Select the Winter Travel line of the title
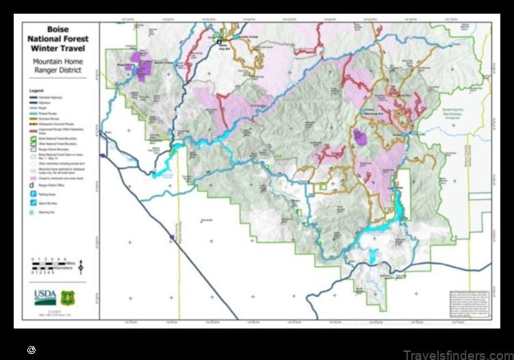(57, 48)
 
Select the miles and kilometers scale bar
(51, 266)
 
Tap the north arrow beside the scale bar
(81, 266)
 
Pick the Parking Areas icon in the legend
(31, 194)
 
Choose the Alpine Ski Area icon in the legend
(31, 203)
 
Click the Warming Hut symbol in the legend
(31, 213)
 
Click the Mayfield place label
(207, 220)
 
